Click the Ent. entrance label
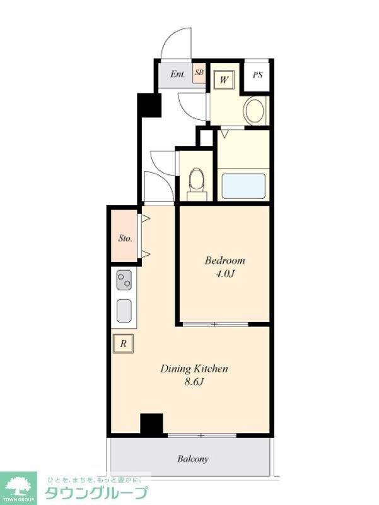(x=178, y=74)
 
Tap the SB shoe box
(x=199, y=73)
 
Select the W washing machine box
(x=224, y=80)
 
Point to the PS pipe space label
(x=257, y=75)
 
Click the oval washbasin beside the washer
(x=255, y=110)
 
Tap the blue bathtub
(x=244, y=186)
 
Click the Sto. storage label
(x=125, y=239)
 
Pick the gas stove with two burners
(x=124, y=280)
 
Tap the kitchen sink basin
(x=124, y=311)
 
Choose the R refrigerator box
(x=123, y=343)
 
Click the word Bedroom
(x=225, y=260)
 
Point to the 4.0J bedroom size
(x=224, y=274)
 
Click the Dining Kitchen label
(x=194, y=369)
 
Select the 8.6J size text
(x=194, y=383)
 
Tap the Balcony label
(x=193, y=459)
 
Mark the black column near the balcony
(x=151, y=424)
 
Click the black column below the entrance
(x=149, y=105)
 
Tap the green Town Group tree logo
(x=18, y=486)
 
